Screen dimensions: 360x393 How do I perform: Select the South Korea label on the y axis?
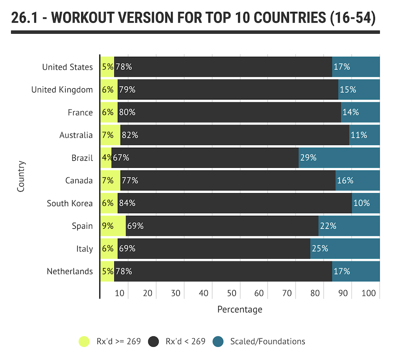[x=70, y=203]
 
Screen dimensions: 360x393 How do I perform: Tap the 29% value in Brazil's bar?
[x=308, y=158]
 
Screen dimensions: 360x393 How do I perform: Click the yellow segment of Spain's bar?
[x=113, y=226]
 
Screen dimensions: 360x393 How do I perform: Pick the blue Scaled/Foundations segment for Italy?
[x=345, y=249]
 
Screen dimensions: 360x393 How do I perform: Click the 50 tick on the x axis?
[x=232, y=293]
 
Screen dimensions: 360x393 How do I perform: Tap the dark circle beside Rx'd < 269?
[x=154, y=342]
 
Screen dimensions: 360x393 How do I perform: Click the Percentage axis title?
[x=239, y=309]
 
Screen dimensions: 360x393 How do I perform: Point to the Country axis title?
[x=21, y=176]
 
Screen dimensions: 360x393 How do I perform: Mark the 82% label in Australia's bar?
[x=130, y=135]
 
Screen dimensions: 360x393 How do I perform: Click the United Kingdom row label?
[x=62, y=90]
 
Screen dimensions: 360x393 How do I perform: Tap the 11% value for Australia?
[x=359, y=135]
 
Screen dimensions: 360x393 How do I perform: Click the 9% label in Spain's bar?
[x=107, y=226]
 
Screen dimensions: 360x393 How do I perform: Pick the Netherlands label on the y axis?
[x=70, y=271]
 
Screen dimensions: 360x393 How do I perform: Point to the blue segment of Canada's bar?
[x=357, y=180]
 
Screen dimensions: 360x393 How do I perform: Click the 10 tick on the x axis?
[x=120, y=293]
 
